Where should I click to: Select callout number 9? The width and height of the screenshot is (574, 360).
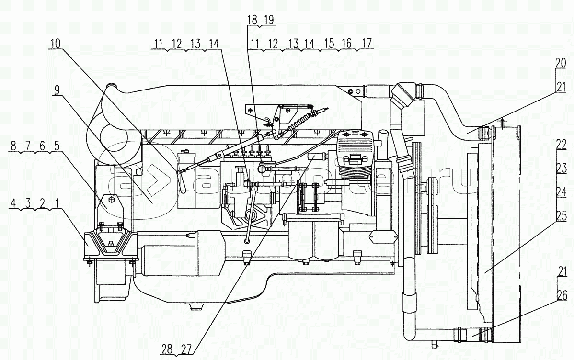(56, 90)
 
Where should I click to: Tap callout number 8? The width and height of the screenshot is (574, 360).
(13, 146)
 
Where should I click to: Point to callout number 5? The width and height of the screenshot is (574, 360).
(56, 146)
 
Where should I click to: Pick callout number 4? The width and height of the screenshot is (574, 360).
(13, 202)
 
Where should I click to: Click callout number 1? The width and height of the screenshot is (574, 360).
(56, 202)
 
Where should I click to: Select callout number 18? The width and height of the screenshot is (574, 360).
(253, 20)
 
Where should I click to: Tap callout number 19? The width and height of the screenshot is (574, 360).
(269, 20)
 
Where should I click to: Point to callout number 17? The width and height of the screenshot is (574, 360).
(366, 44)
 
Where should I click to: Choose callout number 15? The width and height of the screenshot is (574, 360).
(330, 44)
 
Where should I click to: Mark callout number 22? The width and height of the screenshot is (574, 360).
(561, 145)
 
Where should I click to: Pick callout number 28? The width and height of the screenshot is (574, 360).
(167, 349)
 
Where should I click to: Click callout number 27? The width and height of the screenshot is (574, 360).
(186, 349)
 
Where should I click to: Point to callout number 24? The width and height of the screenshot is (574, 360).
(561, 192)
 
